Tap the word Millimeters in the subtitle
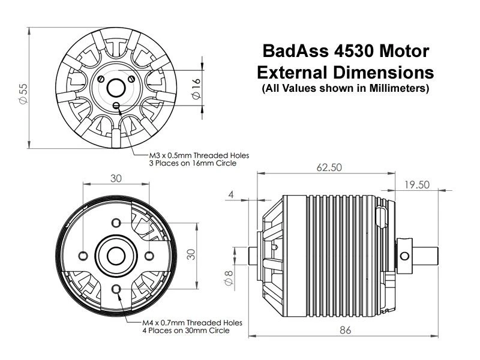396,89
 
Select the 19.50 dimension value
417,185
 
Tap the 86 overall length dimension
344,330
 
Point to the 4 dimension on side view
231,194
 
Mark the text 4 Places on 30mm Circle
184,331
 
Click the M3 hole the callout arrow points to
116,105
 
